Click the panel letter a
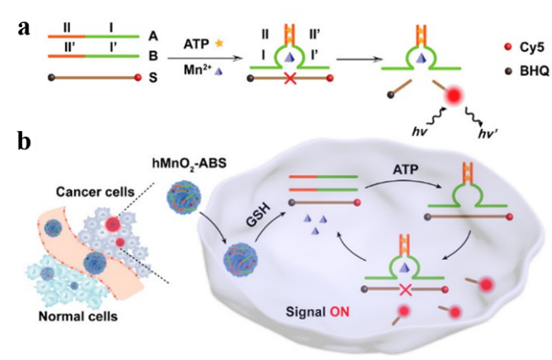pyautogui.click(x=26, y=29)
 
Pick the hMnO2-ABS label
pyautogui.click(x=183, y=162)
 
